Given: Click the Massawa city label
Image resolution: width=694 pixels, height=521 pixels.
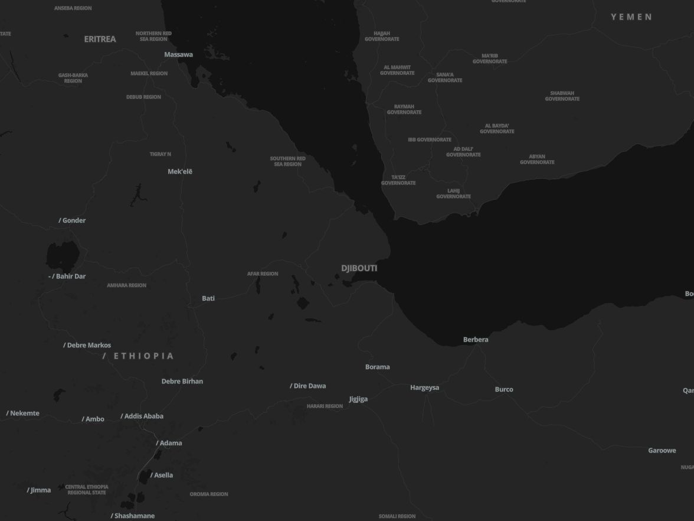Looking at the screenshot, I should coord(178,54).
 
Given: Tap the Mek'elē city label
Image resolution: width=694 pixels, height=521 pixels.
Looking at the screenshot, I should coord(180,171).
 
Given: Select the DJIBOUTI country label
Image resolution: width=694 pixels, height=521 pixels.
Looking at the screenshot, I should coord(359,268).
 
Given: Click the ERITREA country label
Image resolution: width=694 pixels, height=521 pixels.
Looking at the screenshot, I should coord(100,39).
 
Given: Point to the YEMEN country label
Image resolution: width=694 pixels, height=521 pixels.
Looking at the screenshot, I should coord(631,17).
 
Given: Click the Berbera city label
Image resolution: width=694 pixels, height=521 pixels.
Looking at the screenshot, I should coord(476,340).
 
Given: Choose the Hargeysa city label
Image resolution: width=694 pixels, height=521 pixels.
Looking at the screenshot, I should coord(424,388).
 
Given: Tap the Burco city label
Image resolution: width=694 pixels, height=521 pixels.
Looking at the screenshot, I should coord(504,389).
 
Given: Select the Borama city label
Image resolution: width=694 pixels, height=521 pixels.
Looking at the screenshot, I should coord(377,367).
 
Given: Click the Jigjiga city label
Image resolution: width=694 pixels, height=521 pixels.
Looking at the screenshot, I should coord(358,399).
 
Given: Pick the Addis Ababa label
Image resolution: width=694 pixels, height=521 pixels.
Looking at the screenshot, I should coord(143,416).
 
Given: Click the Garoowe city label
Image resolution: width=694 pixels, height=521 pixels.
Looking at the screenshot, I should coord(662,450).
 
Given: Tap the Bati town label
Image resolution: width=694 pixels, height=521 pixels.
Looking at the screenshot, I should coord(208,298).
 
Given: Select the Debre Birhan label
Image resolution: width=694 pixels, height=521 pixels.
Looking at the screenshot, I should coord(182,381).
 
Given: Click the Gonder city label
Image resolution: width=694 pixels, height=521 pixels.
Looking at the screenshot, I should coord(74,220).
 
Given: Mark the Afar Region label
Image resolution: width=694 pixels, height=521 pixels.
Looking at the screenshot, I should coord(263,273).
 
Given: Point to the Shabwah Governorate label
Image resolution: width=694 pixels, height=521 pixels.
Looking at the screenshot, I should coord(562,96).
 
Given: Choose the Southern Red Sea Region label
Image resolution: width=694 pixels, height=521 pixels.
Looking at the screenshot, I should coord(287,161).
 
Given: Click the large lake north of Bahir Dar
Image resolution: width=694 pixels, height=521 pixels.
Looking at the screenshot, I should coord(61,256).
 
